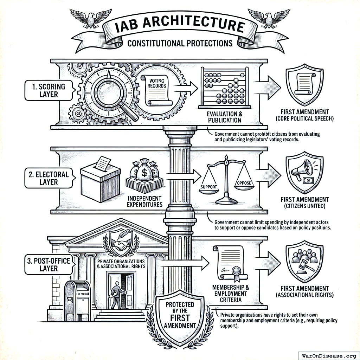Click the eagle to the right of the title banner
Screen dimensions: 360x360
point(269,18)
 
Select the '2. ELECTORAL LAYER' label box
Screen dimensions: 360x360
point(49,178)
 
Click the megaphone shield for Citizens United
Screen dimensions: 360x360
point(304,171)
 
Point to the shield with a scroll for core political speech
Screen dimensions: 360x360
point(304,83)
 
